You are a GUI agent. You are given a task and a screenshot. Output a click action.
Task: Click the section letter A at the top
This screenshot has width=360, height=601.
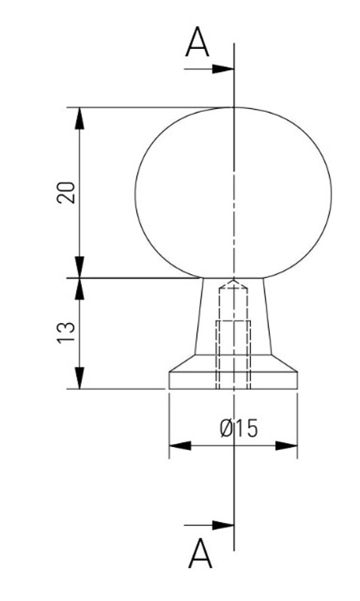(197, 42)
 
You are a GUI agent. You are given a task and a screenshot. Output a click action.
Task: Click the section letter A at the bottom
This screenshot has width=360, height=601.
(200, 554)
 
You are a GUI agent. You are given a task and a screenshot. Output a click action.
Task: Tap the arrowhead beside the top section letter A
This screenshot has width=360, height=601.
(223, 69)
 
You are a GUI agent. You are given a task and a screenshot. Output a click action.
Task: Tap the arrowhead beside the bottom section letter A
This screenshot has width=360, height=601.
(223, 525)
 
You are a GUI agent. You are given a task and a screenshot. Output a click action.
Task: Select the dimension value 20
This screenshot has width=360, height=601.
(66, 192)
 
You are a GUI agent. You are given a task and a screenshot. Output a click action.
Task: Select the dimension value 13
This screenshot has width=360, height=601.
(66, 333)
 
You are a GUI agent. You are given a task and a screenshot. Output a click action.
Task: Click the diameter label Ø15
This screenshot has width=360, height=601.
(239, 428)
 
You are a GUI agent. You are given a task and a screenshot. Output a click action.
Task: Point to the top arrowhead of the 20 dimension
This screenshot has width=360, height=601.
(80, 118)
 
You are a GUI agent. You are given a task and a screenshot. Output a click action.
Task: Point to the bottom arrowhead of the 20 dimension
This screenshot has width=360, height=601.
(80, 267)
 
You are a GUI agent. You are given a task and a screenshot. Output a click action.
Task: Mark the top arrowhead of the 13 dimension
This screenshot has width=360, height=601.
(80, 288)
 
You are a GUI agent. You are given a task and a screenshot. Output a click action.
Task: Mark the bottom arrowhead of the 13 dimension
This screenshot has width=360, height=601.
(80, 378)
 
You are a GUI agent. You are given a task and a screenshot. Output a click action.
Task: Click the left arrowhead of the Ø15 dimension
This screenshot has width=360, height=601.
(180, 445)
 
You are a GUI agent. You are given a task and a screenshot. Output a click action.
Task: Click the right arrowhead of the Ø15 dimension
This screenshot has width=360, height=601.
(286, 445)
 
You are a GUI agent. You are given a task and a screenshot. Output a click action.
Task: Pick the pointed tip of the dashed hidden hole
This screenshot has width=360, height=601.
(234, 280)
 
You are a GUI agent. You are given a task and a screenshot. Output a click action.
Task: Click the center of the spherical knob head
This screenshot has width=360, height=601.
(234, 193)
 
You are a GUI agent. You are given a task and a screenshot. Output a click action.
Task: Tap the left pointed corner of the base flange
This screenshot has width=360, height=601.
(169, 372)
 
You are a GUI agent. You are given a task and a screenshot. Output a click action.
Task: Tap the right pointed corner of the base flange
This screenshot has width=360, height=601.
(298, 372)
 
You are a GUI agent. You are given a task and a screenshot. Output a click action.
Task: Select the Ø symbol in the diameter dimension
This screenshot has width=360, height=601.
(227, 428)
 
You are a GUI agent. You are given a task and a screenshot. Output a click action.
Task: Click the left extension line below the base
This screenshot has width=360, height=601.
(169, 425)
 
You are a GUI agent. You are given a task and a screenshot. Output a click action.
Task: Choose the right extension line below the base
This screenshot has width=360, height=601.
(298, 425)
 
